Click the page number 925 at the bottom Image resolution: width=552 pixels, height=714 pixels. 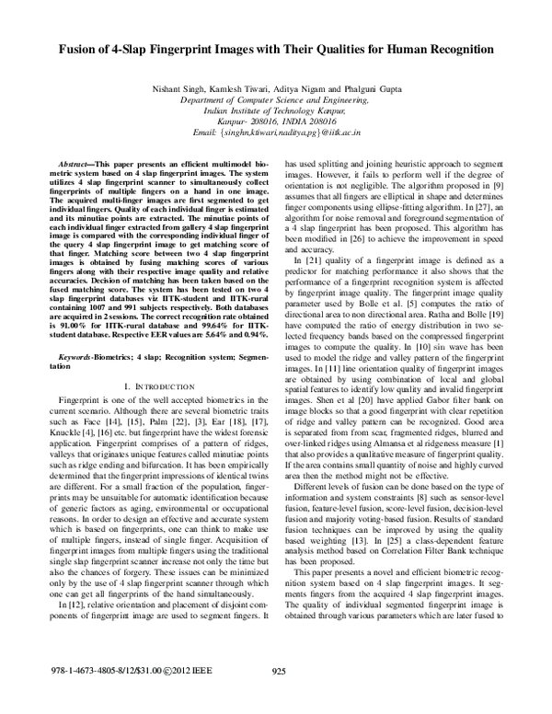tap(282, 697)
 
